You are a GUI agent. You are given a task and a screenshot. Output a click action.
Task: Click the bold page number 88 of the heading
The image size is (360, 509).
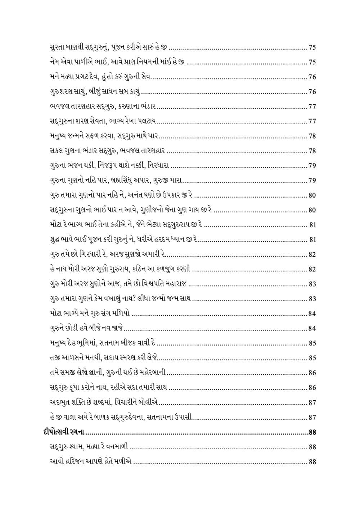pyautogui.click(x=312, y=432)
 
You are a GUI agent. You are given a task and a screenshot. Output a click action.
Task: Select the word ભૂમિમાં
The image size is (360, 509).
pyautogui.click(x=87, y=343)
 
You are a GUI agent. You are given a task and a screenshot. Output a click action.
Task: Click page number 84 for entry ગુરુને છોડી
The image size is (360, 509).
pyautogui.click(x=312, y=328)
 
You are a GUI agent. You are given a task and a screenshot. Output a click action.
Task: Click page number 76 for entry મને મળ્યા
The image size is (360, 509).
pyautogui.click(x=312, y=77)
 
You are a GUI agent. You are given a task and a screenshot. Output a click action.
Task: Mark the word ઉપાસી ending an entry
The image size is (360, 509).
pyautogui.click(x=184, y=417)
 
